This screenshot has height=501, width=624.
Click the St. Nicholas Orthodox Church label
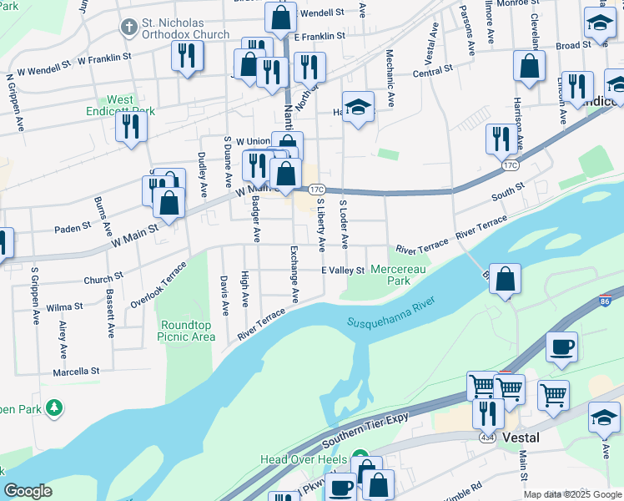[x=185, y=28]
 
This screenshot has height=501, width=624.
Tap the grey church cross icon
[x=128, y=28]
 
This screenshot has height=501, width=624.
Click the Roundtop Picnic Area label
[x=187, y=331]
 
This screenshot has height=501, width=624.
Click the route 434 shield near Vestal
[x=486, y=437]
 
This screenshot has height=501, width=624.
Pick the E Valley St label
[x=343, y=271]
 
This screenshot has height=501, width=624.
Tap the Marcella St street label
[x=76, y=371]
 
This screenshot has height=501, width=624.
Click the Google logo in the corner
[x=28, y=491]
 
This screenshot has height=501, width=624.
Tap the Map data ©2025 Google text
[x=571, y=494]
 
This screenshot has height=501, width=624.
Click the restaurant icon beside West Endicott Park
[x=132, y=127]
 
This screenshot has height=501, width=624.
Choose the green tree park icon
[x=55, y=407]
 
